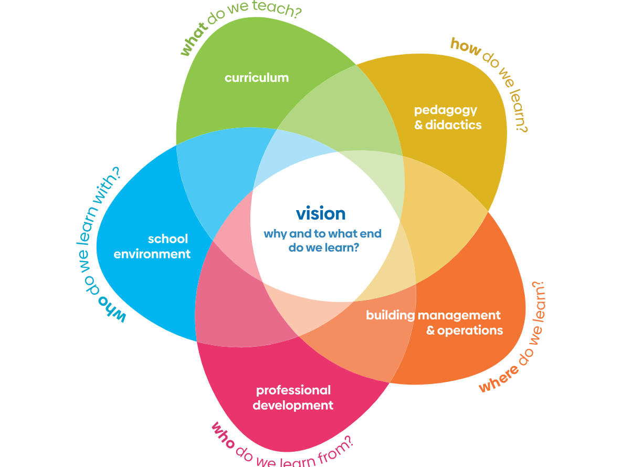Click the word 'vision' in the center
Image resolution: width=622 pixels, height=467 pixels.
(321, 213)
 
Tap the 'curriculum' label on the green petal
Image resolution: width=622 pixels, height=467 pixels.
(257, 78)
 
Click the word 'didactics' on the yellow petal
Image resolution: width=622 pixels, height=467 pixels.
(454, 125)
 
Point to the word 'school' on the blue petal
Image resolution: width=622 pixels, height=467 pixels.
(168, 239)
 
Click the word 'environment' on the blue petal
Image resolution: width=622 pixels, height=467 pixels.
(152, 254)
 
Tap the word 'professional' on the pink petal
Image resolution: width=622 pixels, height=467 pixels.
(293, 390)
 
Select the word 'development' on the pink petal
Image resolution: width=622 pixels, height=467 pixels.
(293, 406)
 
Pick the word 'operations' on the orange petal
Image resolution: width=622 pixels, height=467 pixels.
(470, 330)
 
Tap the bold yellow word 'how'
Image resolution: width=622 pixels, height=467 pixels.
(466, 47)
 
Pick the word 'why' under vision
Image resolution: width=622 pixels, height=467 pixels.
(276, 234)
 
